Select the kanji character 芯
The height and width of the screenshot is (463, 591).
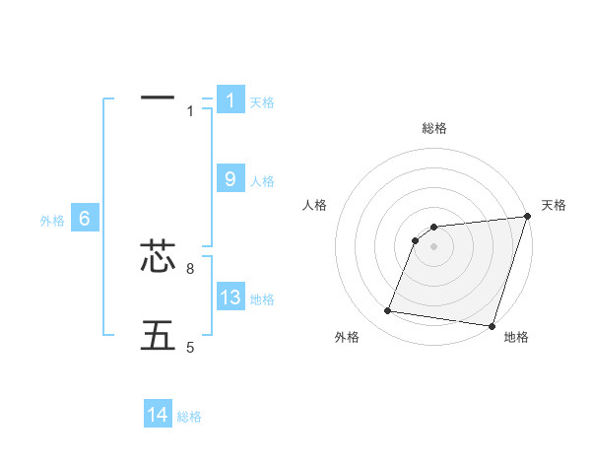pos(158,257)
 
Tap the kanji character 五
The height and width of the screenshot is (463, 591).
pos(158,336)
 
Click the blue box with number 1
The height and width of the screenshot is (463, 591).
pos(230,99)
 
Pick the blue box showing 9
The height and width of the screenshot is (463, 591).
pos(230,179)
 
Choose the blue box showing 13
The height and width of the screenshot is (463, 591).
pos(230,298)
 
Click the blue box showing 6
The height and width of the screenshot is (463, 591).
pos(85,220)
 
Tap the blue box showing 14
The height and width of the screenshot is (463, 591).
pos(158,415)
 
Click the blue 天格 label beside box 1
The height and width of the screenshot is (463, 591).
pos(262,101)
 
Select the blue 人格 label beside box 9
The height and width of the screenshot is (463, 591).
pos(262,181)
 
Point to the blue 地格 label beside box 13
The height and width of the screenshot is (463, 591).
pos(262,299)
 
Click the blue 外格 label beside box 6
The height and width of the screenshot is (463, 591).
pos(52,222)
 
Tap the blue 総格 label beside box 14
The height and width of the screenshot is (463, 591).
pos(189,417)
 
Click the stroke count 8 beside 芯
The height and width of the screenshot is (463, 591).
pos(190,268)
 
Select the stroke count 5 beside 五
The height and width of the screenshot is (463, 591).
pos(190,347)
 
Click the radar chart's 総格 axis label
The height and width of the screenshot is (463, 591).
pos(433,128)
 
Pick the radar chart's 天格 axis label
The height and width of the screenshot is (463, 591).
pos(554,205)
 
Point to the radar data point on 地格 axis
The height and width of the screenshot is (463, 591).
pos(491,325)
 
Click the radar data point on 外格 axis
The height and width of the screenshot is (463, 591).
pos(388,311)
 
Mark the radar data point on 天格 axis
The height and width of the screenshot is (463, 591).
pos(527,217)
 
